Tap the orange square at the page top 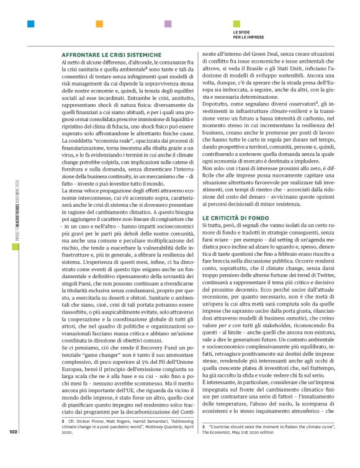tap(99, 25)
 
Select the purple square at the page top tap(168, 25)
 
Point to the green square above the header tap(236, 25)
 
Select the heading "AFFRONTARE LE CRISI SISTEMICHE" tap(110, 55)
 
